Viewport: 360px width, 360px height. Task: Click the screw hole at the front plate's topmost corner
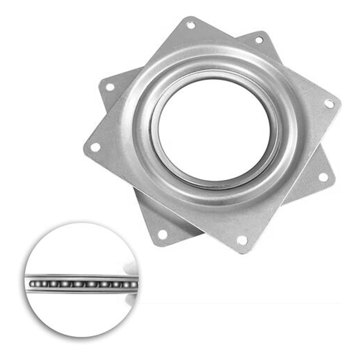[x=191, y=25]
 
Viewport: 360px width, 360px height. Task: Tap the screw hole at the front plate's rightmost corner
[x=329, y=104]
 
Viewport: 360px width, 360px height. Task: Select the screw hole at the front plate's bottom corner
[x=242, y=240]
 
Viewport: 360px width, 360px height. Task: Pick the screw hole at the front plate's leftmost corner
[x=95, y=147]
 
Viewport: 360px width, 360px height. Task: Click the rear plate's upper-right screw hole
[x=259, y=40]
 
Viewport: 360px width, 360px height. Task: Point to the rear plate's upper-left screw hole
[x=110, y=87]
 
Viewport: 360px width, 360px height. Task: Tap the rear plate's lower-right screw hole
[x=323, y=177]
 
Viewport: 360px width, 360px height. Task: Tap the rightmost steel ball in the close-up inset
[x=134, y=284]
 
